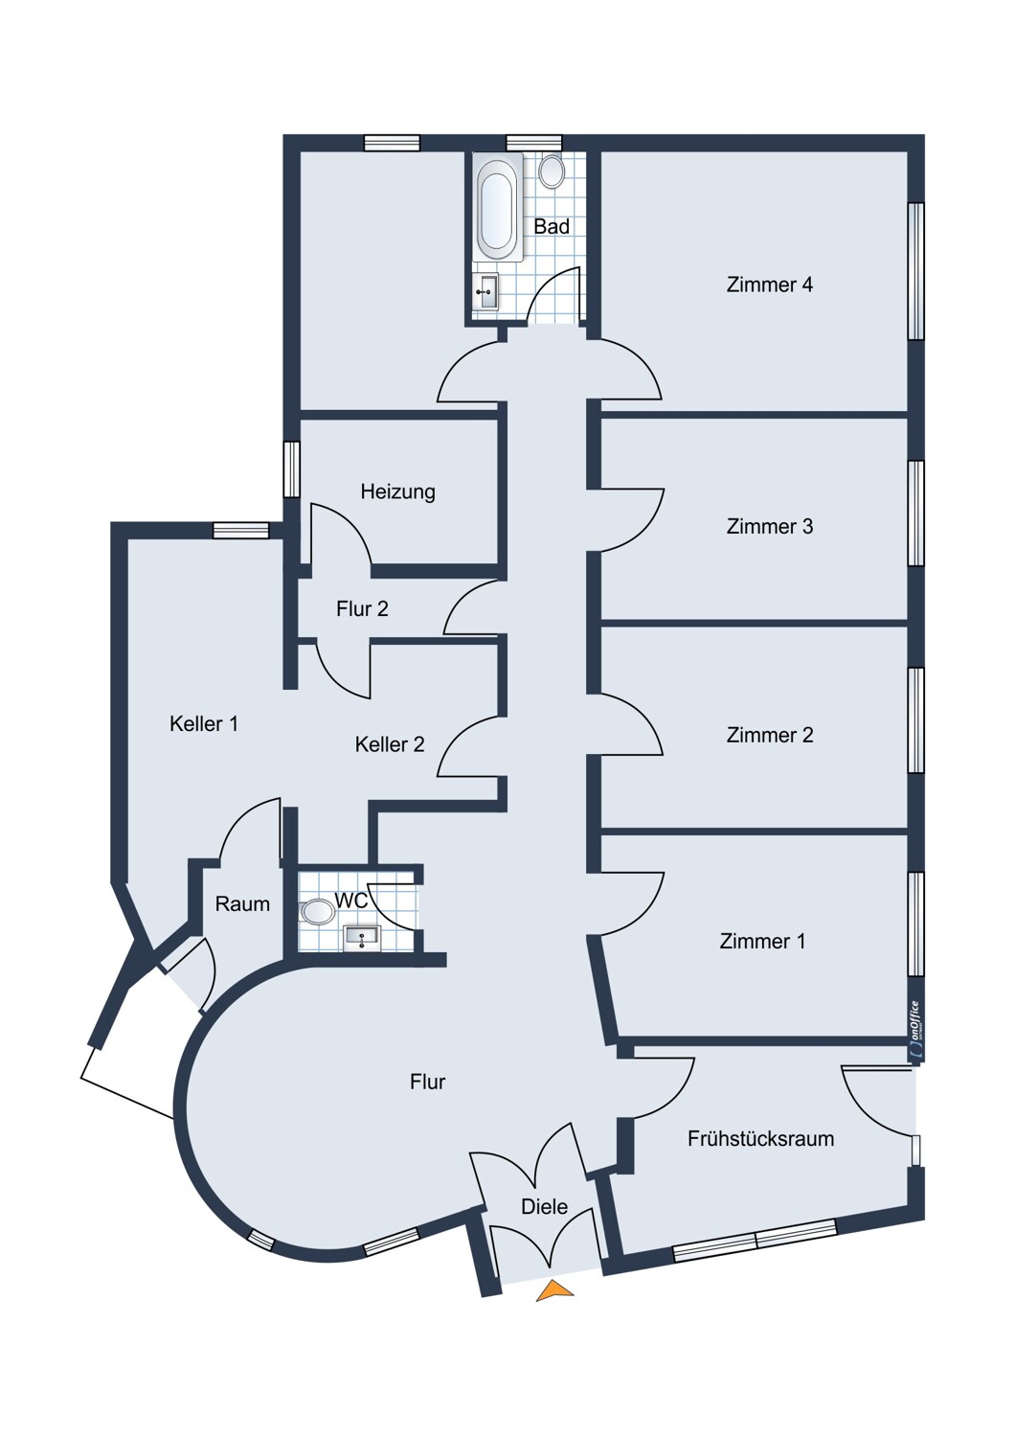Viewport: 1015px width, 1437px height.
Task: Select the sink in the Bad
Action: (x=487, y=292)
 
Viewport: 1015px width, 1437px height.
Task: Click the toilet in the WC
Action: (x=317, y=912)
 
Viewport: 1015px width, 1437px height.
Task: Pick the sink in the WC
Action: (x=363, y=939)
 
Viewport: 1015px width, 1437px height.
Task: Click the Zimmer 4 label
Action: (x=770, y=285)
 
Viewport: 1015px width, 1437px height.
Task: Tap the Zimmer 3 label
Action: (x=770, y=526)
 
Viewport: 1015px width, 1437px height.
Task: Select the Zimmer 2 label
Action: (x=770, y=735)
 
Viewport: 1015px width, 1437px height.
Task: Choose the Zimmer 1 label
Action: (x=762, y=941)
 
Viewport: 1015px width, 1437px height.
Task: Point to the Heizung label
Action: (x=397, y=492)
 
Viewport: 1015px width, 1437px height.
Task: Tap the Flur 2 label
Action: (x=362, y=608)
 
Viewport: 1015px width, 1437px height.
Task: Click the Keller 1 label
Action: (x=204, y=723)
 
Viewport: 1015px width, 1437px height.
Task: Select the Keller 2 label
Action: (x=390, y=744)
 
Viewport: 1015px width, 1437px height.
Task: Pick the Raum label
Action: (x=242, y=904)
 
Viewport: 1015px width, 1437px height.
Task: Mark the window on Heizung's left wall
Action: (x=292, y=469)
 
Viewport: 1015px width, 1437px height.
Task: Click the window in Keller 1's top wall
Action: (x=240, y=530)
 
